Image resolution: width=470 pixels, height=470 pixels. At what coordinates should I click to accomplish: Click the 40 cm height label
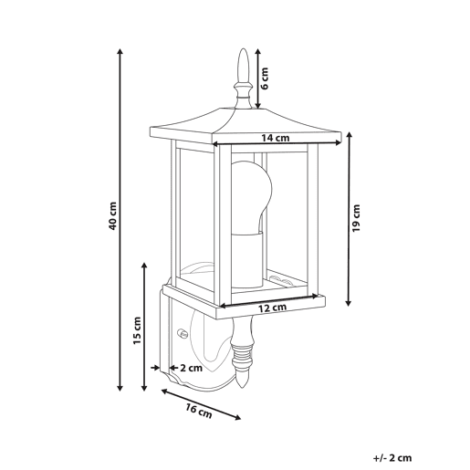[x=112, y=215]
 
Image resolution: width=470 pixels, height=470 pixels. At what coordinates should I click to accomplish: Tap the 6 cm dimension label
[x=265, y=78]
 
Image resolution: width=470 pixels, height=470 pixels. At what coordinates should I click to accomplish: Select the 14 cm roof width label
[x=276, y=138]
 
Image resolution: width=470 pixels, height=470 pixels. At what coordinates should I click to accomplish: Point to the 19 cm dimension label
[x=356, y=218]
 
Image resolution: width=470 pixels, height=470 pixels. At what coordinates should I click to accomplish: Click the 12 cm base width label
[x=273, y=308]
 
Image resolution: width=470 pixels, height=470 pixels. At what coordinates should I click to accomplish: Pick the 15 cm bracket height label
[x=137, y=330]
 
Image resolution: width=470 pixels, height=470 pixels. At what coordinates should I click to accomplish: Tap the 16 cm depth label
[x=199, y=412]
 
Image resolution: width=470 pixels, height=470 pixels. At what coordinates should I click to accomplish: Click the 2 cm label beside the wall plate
[x=191, y=368]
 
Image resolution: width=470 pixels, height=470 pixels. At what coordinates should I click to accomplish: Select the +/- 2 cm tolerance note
[x=392, y=458]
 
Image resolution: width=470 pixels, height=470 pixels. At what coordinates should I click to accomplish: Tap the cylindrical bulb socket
[x=247, y=260]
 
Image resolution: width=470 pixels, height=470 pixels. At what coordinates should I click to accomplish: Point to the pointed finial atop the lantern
[x=243, y=78]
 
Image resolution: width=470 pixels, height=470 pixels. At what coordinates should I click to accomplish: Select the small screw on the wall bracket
[x=183, y=332]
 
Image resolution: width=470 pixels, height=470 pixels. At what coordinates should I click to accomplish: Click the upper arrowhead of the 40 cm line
[x=120, y=51]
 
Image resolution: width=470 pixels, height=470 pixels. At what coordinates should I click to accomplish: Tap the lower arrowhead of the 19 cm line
[x=349, y=303]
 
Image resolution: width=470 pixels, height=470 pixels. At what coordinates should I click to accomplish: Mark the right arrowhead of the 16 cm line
[x=237, y=418]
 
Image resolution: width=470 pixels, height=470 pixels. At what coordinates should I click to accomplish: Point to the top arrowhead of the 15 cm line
[x=144, y=266]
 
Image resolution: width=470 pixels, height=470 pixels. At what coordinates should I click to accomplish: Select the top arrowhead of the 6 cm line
[x=258, y=51]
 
